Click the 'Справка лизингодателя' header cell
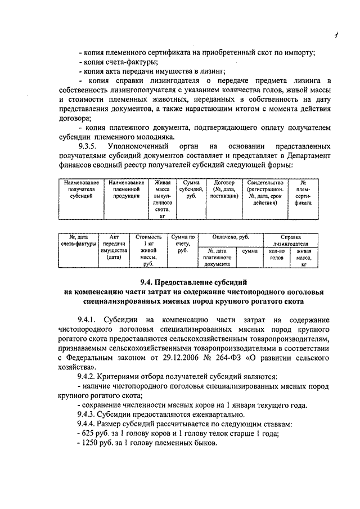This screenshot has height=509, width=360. coord(291,241)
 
